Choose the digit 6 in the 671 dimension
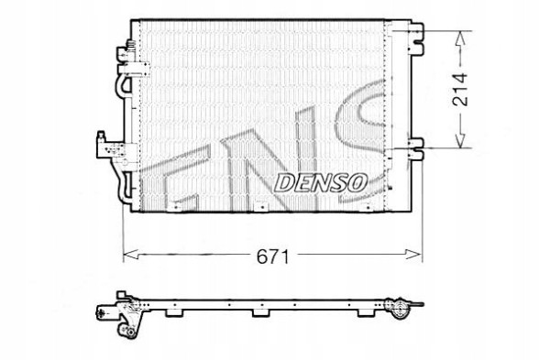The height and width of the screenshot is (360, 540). (x=260, y=257)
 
